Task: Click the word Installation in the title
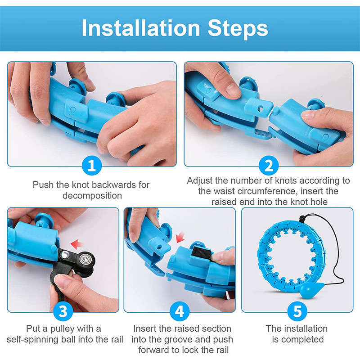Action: click(x=141, y=28)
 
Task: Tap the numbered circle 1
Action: click(x=92, y=165)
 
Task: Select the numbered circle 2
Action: click(x=269, y=165)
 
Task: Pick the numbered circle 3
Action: click(x=63, y=311)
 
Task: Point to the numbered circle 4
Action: click(x=180, y=311)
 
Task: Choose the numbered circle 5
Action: click(x=297, y=311)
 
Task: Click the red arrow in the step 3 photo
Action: click(x=76, y=244)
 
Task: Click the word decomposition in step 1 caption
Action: click(x=92, y=196)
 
